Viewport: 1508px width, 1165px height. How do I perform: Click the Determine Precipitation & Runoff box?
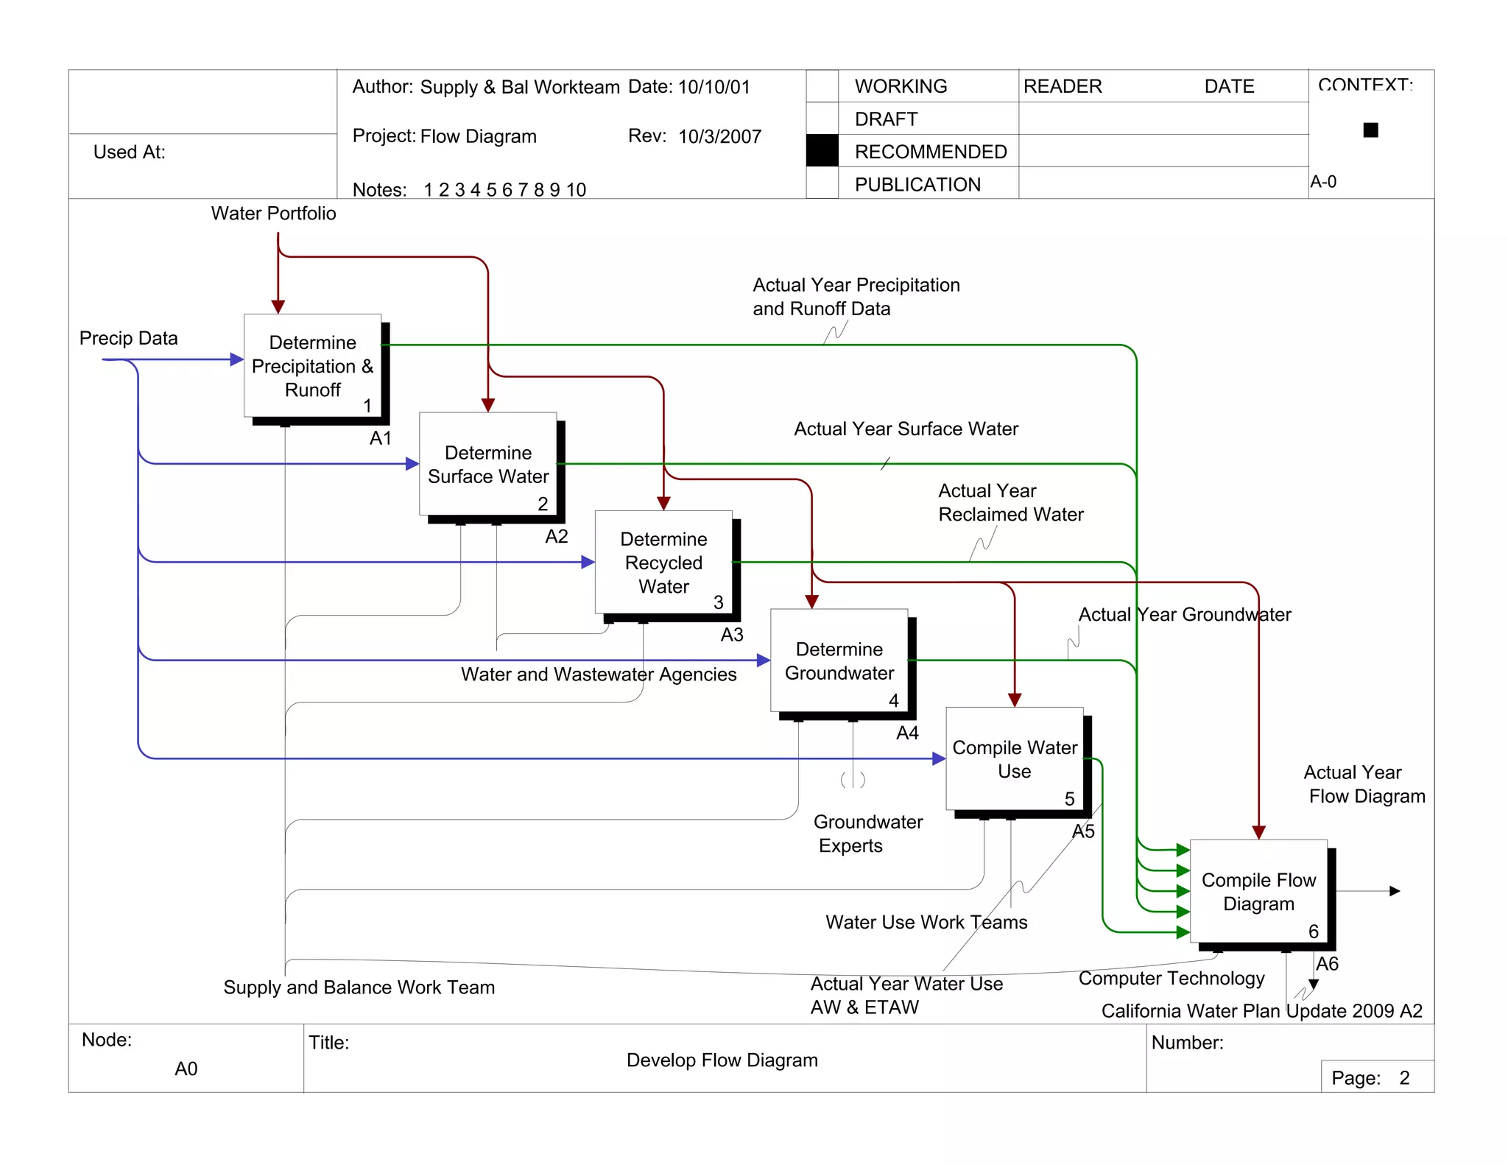(x=312, y=366)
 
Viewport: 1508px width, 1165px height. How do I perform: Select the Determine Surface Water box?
(x=487, y=464)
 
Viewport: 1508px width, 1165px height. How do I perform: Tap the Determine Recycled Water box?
(x=663, y=563)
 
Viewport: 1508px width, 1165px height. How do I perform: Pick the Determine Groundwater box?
(x=839, y=661)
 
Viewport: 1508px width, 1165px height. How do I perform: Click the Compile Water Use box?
(x=1014, y=759)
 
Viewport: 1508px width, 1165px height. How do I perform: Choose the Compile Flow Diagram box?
(x=1258, y=891)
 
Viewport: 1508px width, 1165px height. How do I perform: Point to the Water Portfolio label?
(x=273, y=214)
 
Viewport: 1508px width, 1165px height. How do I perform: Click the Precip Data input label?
(x=129, y=338)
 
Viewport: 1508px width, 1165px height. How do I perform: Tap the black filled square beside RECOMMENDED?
(x=822, y=151)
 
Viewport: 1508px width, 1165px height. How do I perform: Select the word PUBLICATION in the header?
(x=917, y=184)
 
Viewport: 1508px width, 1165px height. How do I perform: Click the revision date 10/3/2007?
(x=719, y=136)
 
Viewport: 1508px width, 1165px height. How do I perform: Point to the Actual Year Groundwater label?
(x=1184, y=614)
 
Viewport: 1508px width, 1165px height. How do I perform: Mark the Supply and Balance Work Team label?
(x=359, y=987)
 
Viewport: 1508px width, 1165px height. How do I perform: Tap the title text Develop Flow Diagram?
(x=722, y=1060)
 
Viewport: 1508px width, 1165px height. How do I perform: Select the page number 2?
(x=1404, y=1077)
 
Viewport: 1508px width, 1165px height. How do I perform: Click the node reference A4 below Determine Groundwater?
(x=907, y=733)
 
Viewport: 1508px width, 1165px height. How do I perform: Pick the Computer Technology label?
(x=1171, y=978)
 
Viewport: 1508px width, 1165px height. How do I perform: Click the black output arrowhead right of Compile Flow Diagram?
(x=1394, y=891)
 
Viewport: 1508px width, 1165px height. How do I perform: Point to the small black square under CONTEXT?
(x=1370, y=130)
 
